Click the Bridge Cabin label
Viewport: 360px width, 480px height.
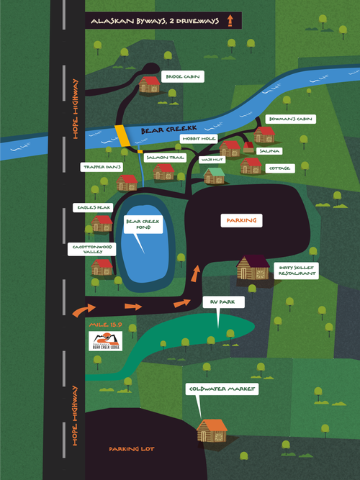click(181, 76)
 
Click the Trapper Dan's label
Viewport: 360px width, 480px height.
click(100, 167)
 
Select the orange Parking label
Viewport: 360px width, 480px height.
click(241, 220)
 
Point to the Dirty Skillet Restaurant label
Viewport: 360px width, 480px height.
click(295, 271)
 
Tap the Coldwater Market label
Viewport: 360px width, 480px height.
click(213, 389)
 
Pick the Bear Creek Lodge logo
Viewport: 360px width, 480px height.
click(105, 340)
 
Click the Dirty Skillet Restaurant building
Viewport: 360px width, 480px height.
click(252, 268)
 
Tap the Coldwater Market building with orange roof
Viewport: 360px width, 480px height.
click(212, 431)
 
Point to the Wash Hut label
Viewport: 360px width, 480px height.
click(211, 158)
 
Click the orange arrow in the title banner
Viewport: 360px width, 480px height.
click(230, 22)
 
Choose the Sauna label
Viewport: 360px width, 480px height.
click(271, 151)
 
